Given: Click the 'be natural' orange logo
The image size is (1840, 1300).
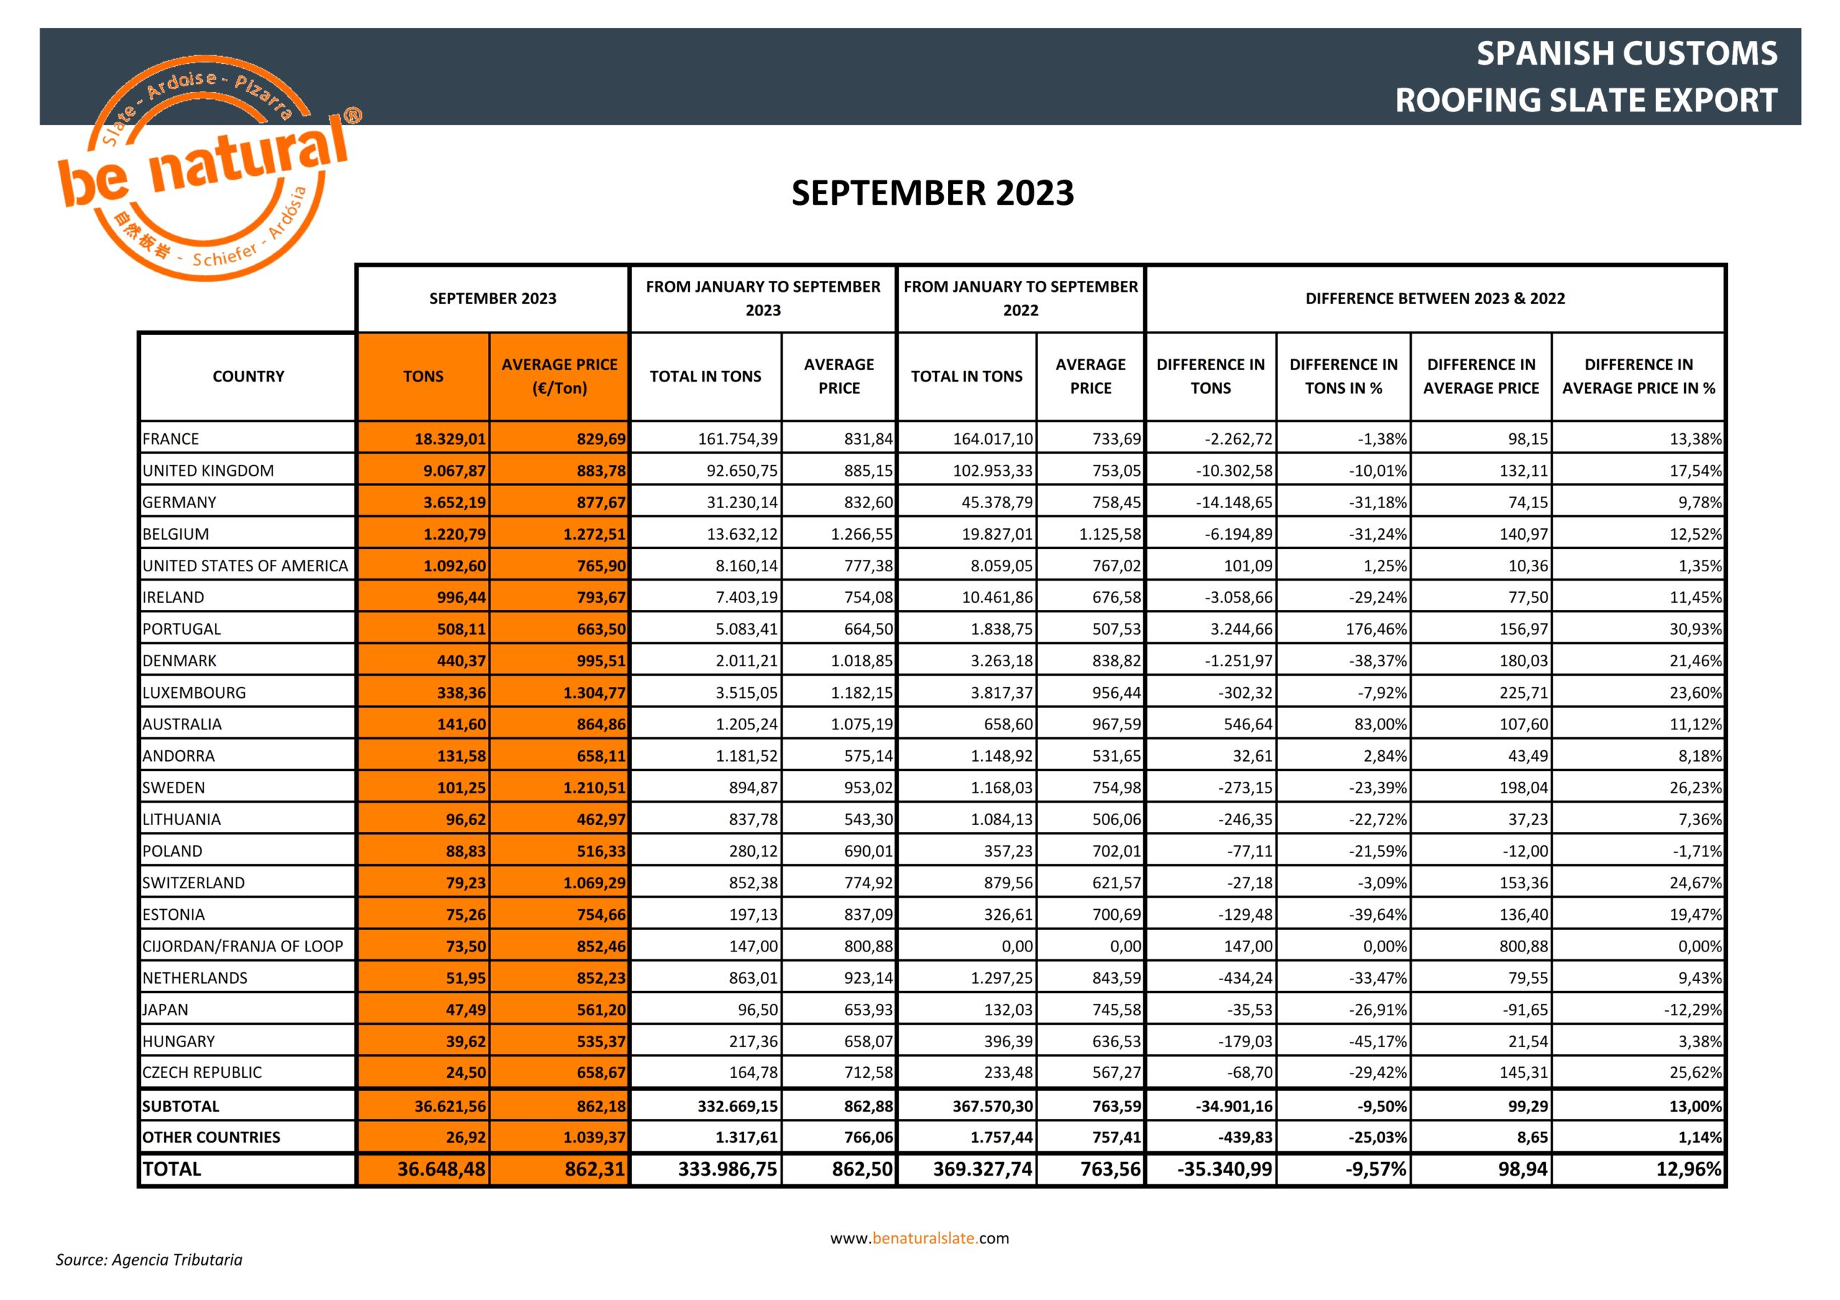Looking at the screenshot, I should click(204, 168).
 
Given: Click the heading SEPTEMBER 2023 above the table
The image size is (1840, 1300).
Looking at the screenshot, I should click(932, 193).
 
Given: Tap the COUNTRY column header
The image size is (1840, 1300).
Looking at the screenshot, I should click(248, 376).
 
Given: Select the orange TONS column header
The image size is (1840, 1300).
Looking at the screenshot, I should click(423, 376).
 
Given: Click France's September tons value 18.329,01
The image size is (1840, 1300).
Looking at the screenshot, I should click(450, 438).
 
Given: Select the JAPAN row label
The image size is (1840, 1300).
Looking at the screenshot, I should click(165, 1009).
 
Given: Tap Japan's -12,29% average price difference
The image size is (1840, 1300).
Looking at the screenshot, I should click(1692, 1009).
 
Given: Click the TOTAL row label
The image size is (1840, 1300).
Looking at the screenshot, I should click(172, 1168).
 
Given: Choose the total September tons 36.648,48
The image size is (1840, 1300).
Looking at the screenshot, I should click(441, 1168).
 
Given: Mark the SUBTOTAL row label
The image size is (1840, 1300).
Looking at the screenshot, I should click(180, 1106).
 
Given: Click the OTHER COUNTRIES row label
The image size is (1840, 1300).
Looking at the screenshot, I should click(211, 1136).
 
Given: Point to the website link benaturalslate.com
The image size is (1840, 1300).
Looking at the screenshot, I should click(919, 1237).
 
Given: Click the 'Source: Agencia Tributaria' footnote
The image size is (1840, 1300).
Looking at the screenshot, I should click(149, 1259).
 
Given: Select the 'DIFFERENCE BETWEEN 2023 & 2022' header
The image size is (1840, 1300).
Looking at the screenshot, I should click(1435, 298).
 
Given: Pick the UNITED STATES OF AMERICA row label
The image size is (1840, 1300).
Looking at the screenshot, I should click(245, 565).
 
